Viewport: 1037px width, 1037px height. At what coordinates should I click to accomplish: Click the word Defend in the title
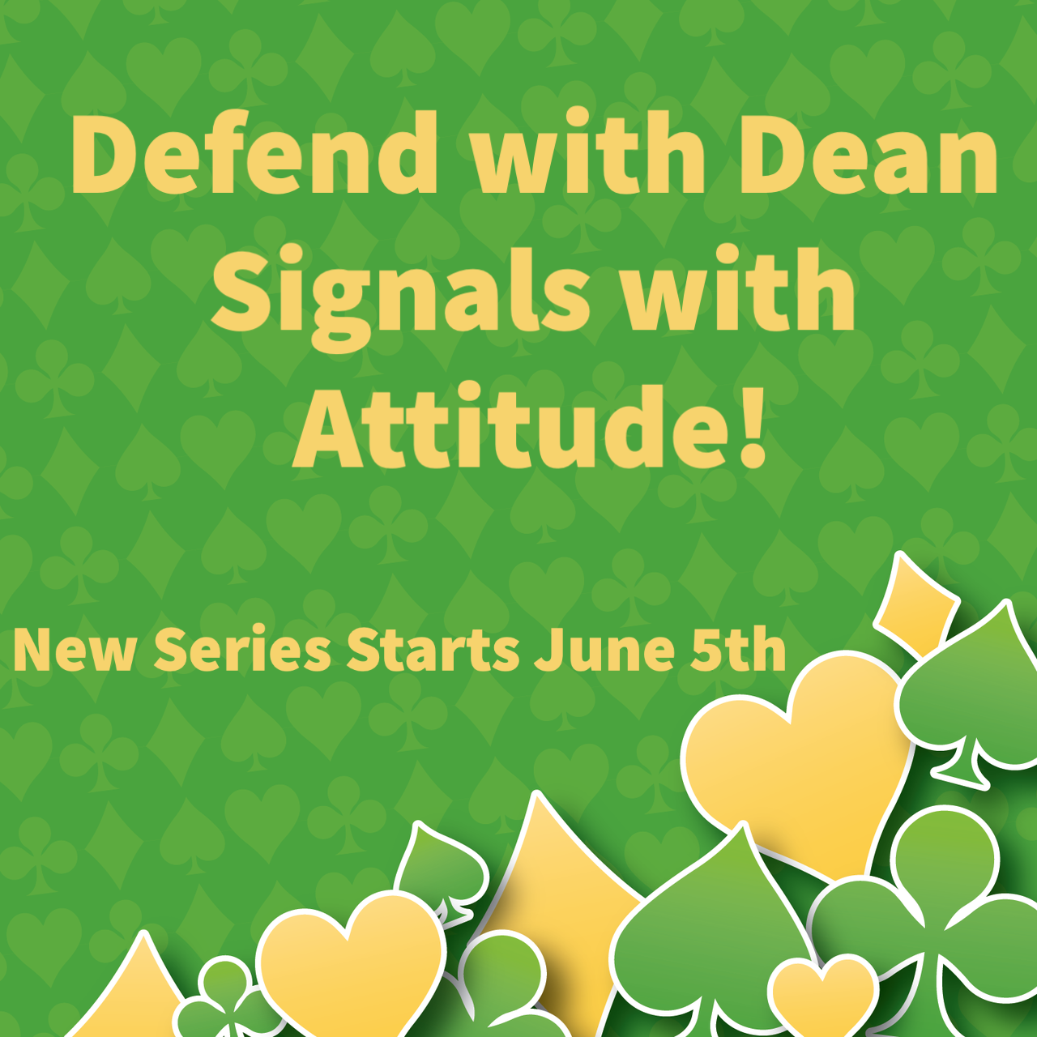point(254,151)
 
